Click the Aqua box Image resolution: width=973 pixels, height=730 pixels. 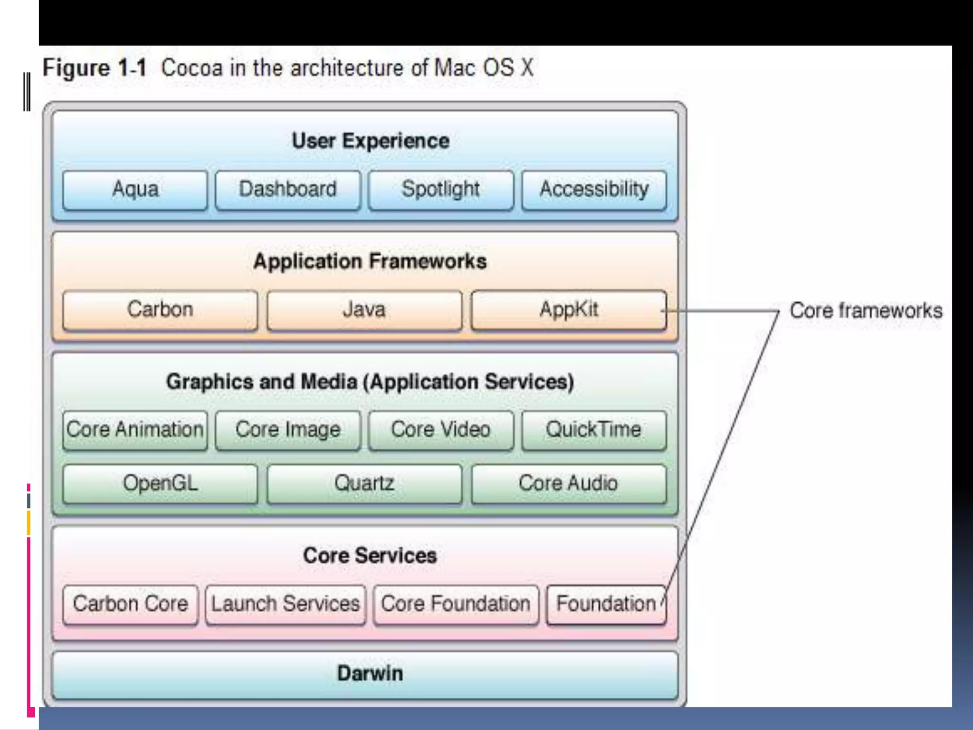click(135, 190)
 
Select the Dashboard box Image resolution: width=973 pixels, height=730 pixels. click(287, 190)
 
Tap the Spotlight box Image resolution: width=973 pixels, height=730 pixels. click(440, 190)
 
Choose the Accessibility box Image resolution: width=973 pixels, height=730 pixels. click(594, 190)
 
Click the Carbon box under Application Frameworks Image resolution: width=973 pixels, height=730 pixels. click(160, 310)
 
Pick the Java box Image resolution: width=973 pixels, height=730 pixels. click(364, 310)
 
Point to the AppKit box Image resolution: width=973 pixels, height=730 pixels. click(568, 310)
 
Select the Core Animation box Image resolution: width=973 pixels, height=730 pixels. click(135, 430)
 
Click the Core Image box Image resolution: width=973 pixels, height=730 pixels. click(287, 430)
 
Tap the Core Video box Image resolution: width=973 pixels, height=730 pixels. click(440, 430)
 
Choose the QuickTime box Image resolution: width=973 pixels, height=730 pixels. click(594, 430)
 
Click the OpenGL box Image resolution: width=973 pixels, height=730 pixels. click(160, 484)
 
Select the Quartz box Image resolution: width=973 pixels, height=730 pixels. click(364, 484)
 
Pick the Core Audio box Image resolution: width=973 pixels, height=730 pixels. click(568, 484)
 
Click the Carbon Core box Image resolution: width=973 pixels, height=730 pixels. click(130, 604)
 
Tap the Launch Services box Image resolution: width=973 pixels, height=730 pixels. click(286, 604)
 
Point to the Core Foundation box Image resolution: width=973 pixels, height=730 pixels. click(456, 604)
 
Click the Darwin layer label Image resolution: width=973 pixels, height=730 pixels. click(370, 673)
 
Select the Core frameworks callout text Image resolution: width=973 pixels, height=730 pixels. click(866, 311)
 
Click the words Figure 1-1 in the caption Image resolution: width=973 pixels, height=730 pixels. click(95, 68)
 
